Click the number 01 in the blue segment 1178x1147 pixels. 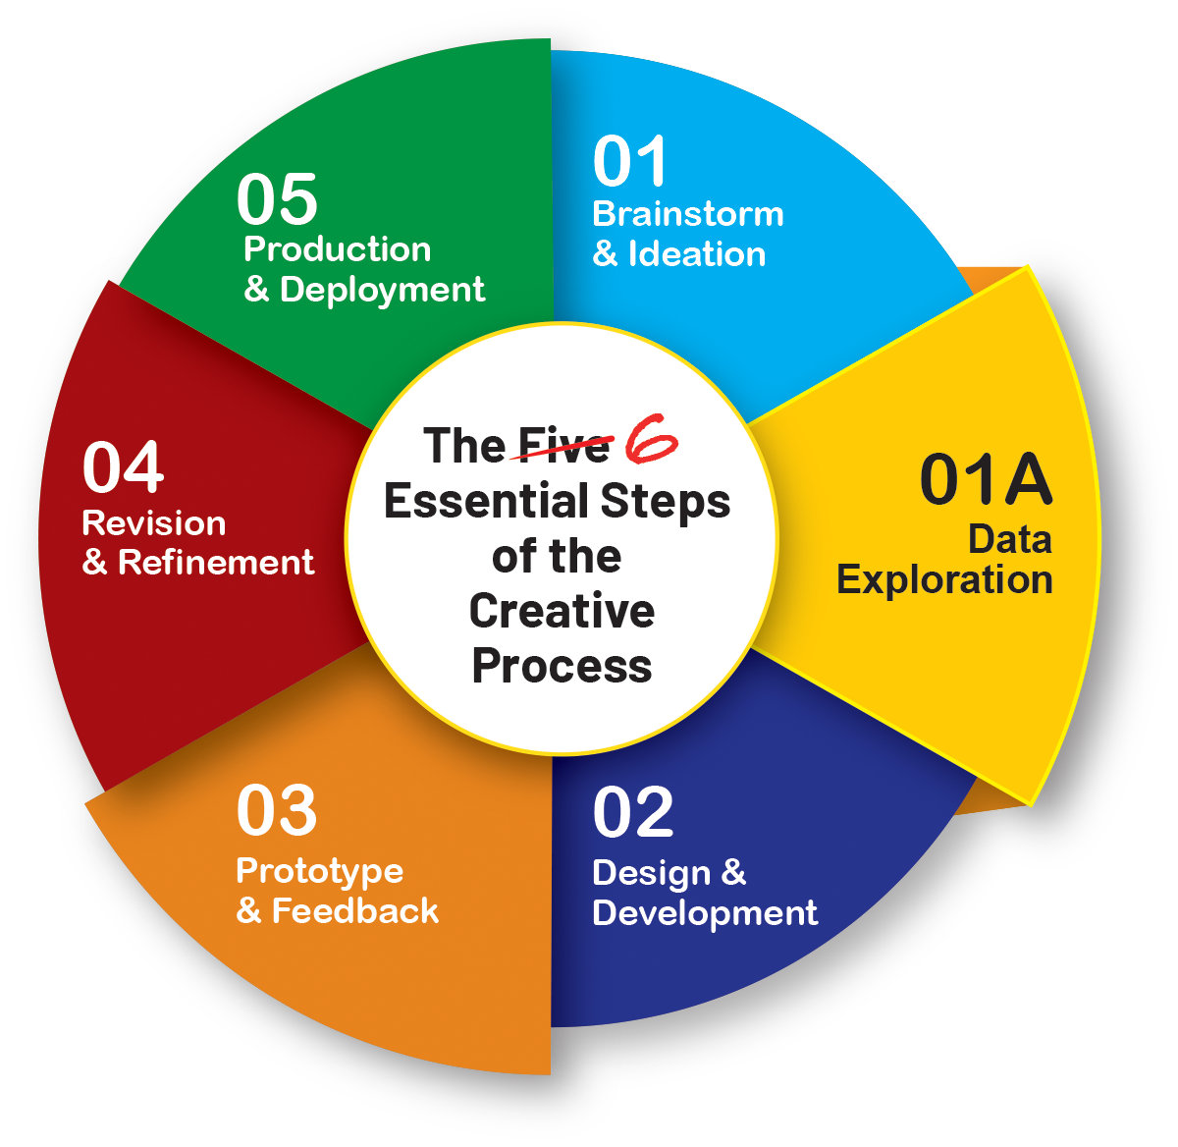coord(630,162)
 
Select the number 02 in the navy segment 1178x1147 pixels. coord(633,812)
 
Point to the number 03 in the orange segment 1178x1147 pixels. coord(277,810)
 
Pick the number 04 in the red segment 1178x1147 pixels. coord(123,467)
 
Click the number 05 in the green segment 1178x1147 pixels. coord(277,199)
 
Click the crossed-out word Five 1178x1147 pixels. coord(563,447)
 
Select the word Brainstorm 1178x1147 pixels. coord(688,214)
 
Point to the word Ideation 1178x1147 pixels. coord(697,254)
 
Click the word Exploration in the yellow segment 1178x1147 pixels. coord(944,579)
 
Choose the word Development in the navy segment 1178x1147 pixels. coord(705,913)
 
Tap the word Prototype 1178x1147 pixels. coord(320,871)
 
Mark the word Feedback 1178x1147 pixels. coord(355,911)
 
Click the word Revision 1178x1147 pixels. coord(154,523)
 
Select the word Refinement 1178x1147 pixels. coord(216,563)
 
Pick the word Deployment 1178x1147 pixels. coord(382,290)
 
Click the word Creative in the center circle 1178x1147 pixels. coord(562,611)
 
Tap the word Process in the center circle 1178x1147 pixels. coord(562,666)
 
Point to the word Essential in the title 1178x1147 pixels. coord(487,501)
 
